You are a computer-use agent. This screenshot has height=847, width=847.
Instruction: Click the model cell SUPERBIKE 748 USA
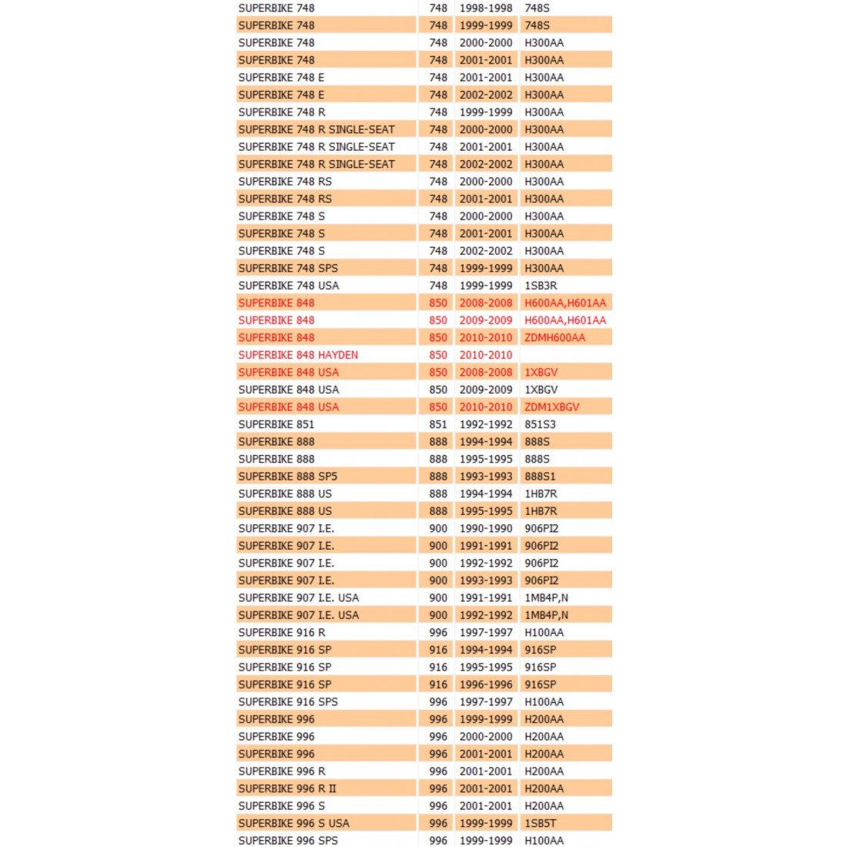point(288,286)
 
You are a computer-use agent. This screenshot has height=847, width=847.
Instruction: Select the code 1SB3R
point(541,286)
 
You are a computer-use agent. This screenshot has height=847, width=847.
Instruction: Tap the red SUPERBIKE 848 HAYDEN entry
point(298,355)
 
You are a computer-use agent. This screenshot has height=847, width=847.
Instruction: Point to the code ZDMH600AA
point(554,337)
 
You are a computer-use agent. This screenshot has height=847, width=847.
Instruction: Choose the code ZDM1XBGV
point(551,407)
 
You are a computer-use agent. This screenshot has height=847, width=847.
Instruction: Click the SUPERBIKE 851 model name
point(276,424)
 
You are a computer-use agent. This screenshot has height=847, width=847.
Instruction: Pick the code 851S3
point(540,424)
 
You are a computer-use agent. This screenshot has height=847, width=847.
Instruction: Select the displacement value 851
point(438,424)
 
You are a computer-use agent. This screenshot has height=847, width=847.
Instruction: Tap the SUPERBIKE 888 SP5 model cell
point(287,476)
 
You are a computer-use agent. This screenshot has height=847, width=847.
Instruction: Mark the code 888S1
point(540,476)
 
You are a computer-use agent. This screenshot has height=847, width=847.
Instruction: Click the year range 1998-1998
point(486,8)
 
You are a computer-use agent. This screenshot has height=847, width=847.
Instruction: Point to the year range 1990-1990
point(486,528)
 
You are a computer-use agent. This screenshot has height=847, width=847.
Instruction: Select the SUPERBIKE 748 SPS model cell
point(287,268)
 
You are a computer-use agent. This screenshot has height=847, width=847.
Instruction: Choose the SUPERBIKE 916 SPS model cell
point(287,701)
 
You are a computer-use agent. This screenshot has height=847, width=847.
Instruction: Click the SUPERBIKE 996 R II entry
point(286,788)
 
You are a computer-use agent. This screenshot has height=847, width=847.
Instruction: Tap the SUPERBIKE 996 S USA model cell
point(293,823)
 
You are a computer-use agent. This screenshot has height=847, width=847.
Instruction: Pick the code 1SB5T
point(540,823)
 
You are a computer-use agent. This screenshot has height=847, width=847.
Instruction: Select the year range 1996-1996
point(486,685)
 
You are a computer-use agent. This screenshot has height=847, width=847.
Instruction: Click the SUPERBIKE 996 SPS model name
point(287,840)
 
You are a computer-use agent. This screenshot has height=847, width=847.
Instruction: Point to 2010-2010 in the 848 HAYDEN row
point(486,355)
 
